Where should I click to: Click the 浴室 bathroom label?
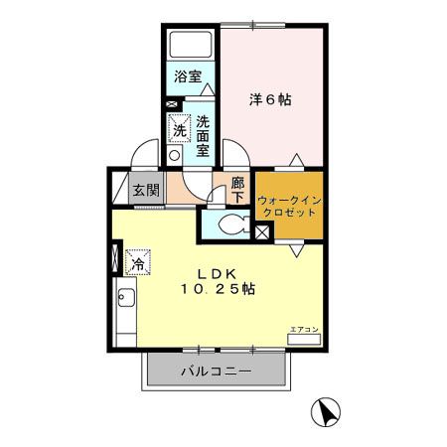coord(188,76)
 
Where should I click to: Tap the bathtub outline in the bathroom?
coord(191,45)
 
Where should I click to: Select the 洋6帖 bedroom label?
coord(270,99)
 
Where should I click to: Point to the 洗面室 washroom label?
coord(203,136)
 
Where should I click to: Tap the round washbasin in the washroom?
coord(174,155)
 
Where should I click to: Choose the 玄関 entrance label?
coord(146,190)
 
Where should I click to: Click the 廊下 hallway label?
coord(237,190)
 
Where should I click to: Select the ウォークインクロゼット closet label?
coord(289,206)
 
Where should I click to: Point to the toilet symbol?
coord(234,224)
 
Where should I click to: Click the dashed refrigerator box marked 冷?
coord(138,262)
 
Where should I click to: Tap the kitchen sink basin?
coord(126,298)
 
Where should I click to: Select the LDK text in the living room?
coord(217,274)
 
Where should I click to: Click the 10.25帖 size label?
coord(218,289)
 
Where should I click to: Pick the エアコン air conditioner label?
coord(304,330)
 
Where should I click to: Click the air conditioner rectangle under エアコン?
coord(304,340)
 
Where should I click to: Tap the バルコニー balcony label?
coord(216,371)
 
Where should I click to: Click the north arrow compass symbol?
coord(326,412)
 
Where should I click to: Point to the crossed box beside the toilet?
coord(263,232)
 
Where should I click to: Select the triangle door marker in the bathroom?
coord(208,89)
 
